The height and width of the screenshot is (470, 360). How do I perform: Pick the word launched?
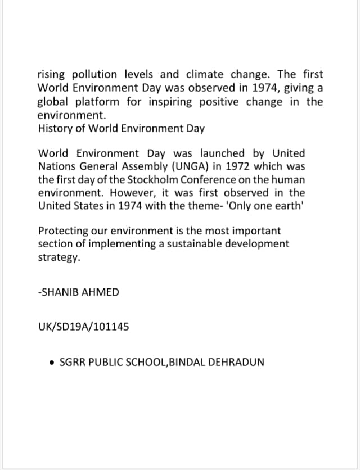click(223, 153)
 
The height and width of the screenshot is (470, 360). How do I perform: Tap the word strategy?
click(59, 257)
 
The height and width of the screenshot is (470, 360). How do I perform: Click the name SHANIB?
click(60, 292)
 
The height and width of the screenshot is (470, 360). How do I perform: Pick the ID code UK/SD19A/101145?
click(83, 326)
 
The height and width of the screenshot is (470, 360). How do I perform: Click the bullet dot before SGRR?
click(52, 362)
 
